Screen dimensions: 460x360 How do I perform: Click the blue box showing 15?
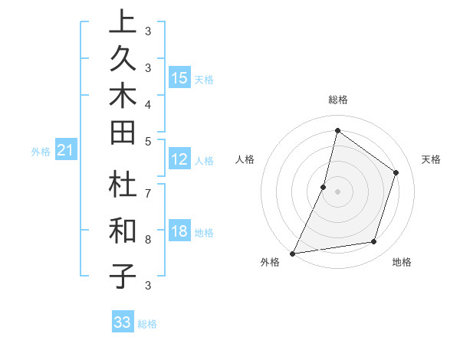coord(179,78)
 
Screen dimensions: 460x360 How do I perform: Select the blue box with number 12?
coord(179,160)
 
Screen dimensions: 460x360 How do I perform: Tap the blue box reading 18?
coord(179,232)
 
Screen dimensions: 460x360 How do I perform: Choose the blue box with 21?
coord(66,152)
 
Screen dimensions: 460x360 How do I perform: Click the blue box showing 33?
coord(123,322)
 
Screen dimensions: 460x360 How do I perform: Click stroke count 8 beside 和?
coord(147,239)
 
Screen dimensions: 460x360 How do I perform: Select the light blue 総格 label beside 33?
coord(147,324)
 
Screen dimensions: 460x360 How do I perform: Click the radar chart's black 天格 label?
coord(431,159)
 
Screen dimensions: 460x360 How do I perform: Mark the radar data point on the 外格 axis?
coord(292,253)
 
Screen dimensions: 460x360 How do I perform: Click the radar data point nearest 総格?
coord(337,131)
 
